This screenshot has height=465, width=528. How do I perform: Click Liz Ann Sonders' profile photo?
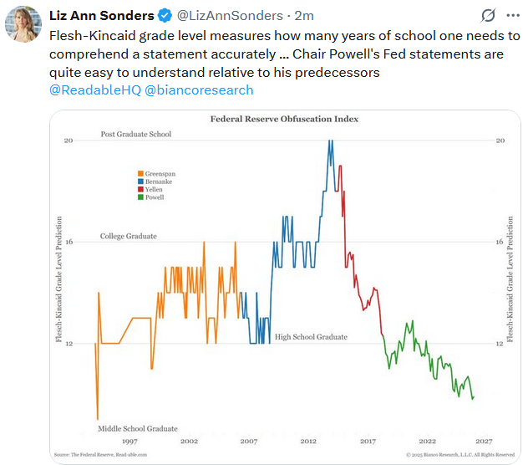click(x=23, y=23)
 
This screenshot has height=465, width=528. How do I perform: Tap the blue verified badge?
click(x=166, y=16)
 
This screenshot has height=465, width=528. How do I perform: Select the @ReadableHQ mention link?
click(x=94, y=89)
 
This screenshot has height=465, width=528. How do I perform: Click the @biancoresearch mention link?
click(x=199, y=89)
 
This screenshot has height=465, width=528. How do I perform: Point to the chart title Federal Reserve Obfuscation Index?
click(x=283, y=119)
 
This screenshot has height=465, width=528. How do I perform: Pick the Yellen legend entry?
click(x=152, y=190)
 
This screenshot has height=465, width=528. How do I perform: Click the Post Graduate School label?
click(x=135, y=135)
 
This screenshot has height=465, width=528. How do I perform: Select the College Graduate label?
click(x=129, y=237)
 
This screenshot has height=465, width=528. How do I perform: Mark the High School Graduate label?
click(x=311, y=338)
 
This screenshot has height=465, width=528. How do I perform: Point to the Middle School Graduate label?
click(x=139, y=429)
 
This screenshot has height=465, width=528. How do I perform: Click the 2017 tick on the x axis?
click(x=368, y=441)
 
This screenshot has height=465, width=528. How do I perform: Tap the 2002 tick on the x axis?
click(x=189, y=441)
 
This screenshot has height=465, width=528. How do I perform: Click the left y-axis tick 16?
click(x=69, y=243)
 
